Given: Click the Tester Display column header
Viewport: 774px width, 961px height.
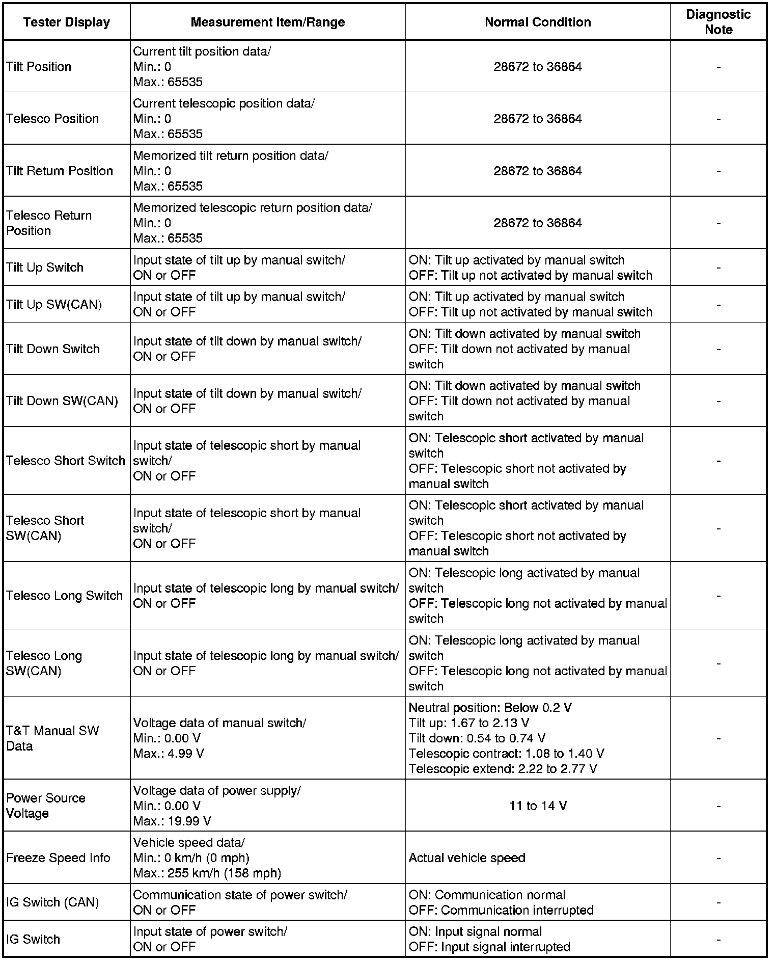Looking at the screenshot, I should [67, 22].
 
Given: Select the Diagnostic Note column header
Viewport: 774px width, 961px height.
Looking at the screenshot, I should [718, 22].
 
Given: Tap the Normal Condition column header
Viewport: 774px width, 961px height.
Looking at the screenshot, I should [538, 22].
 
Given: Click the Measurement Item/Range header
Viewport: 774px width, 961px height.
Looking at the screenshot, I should [268, 22].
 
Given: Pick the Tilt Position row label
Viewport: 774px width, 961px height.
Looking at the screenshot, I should [39, 67].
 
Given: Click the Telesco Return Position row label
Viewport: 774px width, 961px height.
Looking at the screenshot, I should [49, 223].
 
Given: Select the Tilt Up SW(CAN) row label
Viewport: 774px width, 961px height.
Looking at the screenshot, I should [54, 305].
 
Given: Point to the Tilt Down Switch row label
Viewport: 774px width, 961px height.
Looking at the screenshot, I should [53, 349].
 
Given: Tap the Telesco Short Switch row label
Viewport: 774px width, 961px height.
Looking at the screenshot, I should [66, 461].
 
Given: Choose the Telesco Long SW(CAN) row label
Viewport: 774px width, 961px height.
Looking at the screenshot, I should [44, 663].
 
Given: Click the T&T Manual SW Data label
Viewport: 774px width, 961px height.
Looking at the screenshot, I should [52, 738].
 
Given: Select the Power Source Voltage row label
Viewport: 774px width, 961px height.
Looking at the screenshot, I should [46, 806].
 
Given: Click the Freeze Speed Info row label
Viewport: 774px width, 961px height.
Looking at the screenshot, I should [58, 858].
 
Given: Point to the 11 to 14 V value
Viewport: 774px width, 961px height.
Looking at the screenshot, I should [538, 806].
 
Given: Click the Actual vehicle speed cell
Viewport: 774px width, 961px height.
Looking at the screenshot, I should [467, 858].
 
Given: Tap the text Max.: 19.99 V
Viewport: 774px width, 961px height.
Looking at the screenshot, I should [172, 821].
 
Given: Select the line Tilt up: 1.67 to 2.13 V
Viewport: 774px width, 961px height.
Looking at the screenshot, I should [468, 723].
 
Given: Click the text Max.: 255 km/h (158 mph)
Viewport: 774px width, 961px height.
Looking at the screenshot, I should [207, 873].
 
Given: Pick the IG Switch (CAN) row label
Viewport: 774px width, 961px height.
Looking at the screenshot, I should [52, 902].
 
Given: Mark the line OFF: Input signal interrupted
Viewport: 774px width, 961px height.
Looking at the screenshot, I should [489, 947].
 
